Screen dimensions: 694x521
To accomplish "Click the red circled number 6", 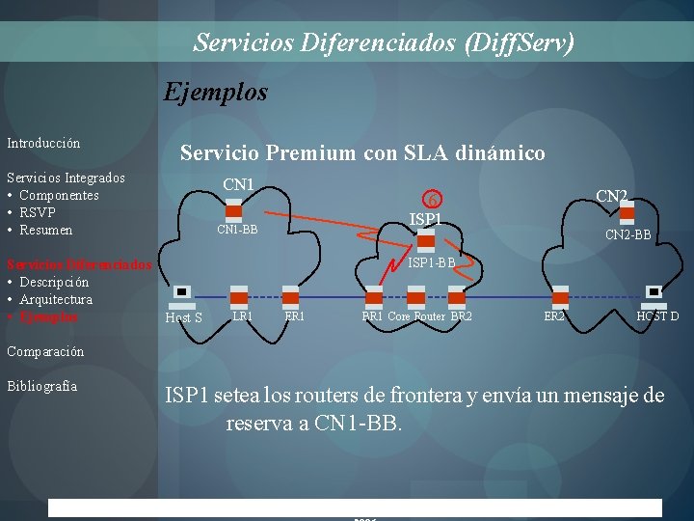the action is (435, 200).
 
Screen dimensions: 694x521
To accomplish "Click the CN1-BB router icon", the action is (233, 211).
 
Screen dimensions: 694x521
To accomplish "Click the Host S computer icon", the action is (181, 294).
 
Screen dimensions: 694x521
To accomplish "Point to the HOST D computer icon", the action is (654, 294).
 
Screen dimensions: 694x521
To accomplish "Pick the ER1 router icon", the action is (290, 295).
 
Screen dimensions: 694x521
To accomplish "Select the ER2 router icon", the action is (559, 295).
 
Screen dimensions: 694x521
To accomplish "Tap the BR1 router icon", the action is (372, 295).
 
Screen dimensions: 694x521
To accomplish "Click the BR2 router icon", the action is (458, 295).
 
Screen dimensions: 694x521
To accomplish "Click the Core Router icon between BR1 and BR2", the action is (416, 295).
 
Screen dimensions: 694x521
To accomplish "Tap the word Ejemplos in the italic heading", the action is (216, 93).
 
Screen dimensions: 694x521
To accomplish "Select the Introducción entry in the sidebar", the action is (43, 144).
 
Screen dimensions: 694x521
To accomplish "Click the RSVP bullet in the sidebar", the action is (38, 212).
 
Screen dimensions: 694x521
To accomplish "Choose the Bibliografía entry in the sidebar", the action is (42, 387).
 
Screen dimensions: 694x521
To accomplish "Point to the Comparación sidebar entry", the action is (45, 352).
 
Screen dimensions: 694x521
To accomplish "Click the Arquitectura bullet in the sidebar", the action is (56, 299).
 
